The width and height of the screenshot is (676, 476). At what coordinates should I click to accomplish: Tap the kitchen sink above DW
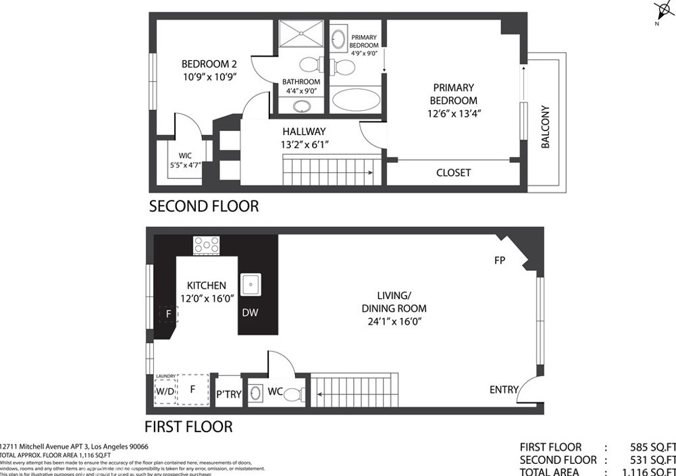point(251,284)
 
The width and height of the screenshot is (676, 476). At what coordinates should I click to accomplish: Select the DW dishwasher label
point(250,313)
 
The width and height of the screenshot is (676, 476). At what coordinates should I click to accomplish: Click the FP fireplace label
point(500,260)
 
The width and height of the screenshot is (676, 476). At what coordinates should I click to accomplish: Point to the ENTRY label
point(504,390)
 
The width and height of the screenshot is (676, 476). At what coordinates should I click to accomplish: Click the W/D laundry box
point(165,390)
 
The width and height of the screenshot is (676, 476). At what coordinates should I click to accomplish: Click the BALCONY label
point(545,127)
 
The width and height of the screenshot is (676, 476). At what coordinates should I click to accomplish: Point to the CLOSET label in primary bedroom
point(453,173)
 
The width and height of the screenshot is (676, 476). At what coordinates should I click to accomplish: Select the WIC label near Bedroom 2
point(185,156)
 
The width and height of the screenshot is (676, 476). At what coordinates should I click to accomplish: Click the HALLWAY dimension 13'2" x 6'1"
point(304,144)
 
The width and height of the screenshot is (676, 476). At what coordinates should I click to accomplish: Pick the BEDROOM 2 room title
point(209,64)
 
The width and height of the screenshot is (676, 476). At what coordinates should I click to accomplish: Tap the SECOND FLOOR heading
point(203,206)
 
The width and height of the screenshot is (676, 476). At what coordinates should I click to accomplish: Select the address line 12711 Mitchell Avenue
point(74,446)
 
